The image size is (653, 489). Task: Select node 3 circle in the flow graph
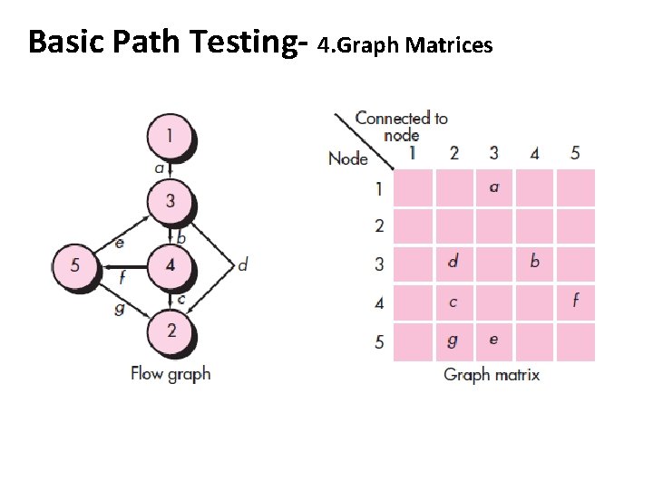pos(171,201)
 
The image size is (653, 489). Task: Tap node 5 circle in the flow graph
pos(75,266)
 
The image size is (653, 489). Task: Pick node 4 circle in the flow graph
pos(171,266)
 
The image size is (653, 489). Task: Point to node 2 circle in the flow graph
pos(171,331)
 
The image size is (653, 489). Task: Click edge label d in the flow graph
pos(242,265)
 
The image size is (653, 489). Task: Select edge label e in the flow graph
pos(119,243)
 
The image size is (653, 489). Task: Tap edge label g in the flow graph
pos(119,308)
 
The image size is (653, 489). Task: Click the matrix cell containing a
pos(493,187)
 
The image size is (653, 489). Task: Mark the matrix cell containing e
pos(493,340)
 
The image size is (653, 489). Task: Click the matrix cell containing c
pos(453,302)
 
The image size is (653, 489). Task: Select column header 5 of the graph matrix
pos(575,153)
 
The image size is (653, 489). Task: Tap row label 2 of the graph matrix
pos(379,225)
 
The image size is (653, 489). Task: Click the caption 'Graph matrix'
pos(492,374)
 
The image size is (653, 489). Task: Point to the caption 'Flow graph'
pos(171,372)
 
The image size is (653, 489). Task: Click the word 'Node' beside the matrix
pos(347,158)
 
